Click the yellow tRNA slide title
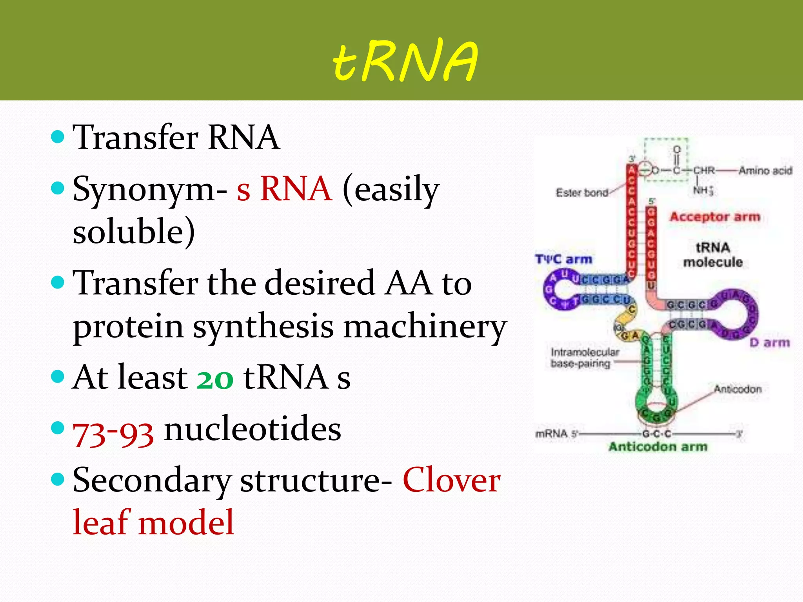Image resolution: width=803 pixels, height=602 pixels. [405, 61]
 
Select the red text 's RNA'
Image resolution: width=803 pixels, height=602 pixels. [284, 189]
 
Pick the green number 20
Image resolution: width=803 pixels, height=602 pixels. [215, 378]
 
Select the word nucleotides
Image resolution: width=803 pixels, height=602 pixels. [253, 429]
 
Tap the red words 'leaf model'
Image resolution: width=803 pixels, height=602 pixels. [153, 522]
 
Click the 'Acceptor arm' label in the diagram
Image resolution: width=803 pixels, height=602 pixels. [714, 216]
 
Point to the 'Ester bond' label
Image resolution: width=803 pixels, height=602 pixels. [581, 192]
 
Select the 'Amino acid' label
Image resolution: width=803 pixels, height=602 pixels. [765, 170]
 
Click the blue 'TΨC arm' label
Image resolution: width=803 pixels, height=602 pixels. [563, 259]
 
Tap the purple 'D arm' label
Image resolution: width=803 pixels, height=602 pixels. [770, 343]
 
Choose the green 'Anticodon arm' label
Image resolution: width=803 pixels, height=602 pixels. [658, 446]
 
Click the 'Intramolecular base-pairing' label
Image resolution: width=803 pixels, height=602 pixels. [584, 358]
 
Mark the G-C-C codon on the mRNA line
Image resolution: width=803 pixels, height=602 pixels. [656, 434]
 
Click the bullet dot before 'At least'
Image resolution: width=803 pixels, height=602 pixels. [58, 377]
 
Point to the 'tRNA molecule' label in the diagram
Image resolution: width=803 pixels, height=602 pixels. [713, 255]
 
